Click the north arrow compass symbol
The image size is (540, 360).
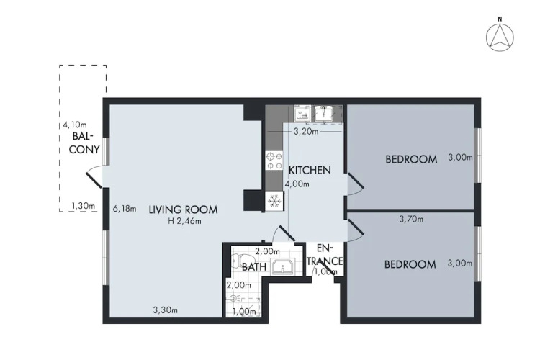(500, 37)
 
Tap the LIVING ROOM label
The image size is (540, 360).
(183, 210)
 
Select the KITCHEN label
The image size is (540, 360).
(310, 170)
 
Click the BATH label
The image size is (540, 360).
(254, 266)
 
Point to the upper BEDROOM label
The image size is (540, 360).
(411, 159)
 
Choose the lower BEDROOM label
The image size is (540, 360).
(410, 264)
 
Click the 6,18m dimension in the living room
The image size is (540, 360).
(125, 209)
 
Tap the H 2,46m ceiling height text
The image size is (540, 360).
(184, 221)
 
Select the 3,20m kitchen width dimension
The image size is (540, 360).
(306, 131)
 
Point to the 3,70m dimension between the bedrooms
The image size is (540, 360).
(411, 219)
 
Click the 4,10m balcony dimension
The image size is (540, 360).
(74, 125)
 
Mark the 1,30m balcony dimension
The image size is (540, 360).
(83, 206)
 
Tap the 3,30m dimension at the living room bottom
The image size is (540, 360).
(166, 310)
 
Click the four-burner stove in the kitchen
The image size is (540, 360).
(274, 161)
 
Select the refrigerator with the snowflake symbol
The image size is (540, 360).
(274, 200)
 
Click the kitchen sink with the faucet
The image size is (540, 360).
(324, 114)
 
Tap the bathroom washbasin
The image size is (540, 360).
(282, 266)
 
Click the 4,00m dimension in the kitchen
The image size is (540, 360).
(297, 184)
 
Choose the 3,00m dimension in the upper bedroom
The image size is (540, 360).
(460, 158)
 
